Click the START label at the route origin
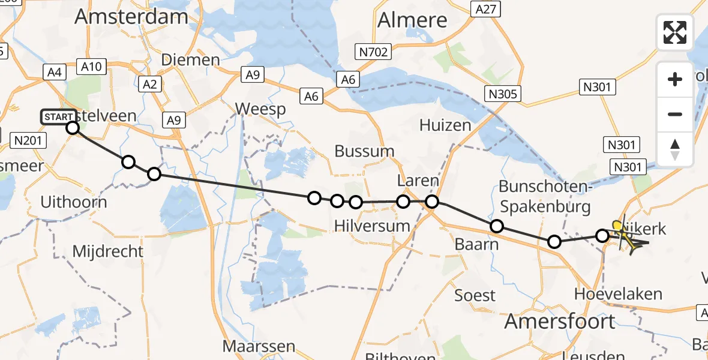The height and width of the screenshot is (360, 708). click(59, 116)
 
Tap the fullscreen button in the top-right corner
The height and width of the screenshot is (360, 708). click(675, 32)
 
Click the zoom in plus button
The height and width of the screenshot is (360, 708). click(675, 79)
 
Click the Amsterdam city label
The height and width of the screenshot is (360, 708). click(131, 16)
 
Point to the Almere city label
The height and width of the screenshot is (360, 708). click(412, 20)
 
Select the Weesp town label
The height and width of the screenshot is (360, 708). click(260, 109)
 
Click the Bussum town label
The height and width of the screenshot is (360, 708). click(365, 151)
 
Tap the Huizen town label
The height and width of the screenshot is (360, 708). click(445, 125)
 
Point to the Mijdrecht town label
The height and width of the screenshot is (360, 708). click(108, 251)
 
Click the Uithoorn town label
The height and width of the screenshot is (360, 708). click(74, 202)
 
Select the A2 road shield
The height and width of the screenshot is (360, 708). click(149, 84)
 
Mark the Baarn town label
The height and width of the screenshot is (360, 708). click(477, 244)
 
